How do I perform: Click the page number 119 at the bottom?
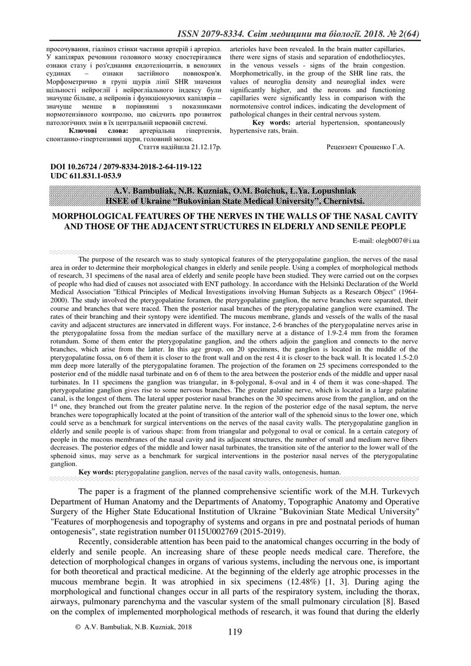click(x=234, y=633)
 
